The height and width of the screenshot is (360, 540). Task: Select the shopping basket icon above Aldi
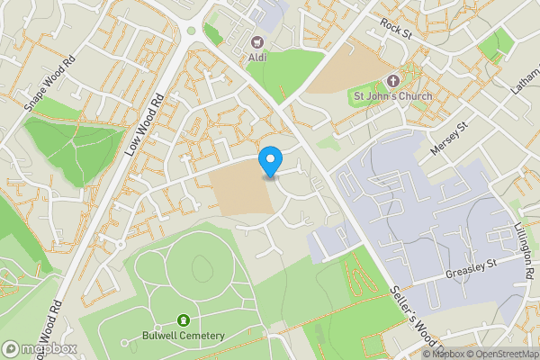pos(256,41)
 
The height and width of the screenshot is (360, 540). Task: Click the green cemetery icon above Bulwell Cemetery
pos(184,320)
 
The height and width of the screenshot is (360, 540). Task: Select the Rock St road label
pos(396,26)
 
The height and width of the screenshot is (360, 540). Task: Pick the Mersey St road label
pos(451,139)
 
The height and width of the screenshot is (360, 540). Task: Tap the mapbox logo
pos(40,348)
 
